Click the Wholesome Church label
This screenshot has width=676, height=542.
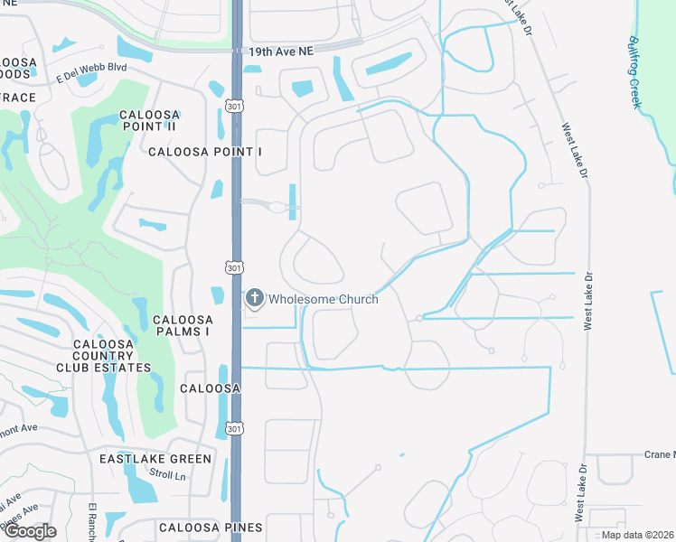(323, 299)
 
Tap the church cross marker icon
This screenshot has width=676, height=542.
(255, 298)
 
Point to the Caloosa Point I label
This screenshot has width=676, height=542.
(205, 152)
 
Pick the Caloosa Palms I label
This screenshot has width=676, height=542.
(183, 325)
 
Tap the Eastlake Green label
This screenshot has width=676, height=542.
(155, 459)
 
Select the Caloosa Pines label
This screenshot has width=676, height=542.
(211, 527)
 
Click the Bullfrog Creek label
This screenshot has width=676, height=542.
(636, 72)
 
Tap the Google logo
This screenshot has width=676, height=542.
(29, 531)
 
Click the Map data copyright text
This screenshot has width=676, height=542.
(636, 535)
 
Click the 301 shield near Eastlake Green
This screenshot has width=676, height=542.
(234, 427)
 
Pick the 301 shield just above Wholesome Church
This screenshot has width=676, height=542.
(234, 266)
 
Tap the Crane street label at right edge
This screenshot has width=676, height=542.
(660, 455)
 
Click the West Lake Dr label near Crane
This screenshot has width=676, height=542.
(578, 491)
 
